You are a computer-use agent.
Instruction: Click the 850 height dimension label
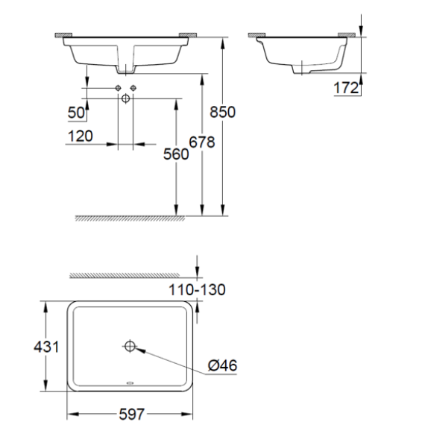click(224, 112)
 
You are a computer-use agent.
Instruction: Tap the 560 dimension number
click(175, 154)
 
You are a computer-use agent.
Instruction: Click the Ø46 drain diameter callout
click(223, 366)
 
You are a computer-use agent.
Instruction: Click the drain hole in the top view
click(130, 345)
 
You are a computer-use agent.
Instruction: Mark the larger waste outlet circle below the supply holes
click(125, 98)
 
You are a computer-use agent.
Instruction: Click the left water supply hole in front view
click(118, 89)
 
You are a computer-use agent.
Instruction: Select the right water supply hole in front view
click(133, 89)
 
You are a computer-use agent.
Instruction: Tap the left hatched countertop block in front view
click(62, 34)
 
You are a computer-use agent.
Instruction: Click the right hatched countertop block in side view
click(347, 34)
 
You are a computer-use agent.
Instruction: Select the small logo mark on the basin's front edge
click(130, 385)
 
